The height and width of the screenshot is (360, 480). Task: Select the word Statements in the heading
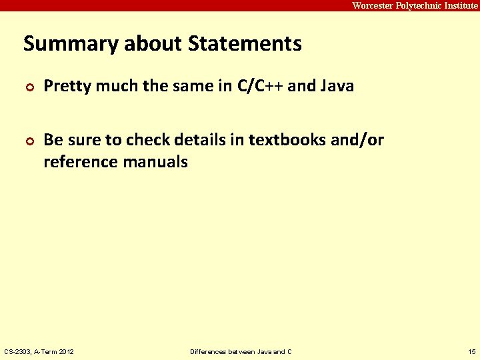coord(245,44)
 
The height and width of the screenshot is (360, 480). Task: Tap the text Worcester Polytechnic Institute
coord(415,5)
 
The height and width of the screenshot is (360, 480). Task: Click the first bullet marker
coord(29,87)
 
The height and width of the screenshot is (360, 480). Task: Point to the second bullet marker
coord(29,141)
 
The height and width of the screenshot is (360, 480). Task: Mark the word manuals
coord(156,161)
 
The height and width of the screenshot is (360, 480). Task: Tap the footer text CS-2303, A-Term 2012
coord(39,351)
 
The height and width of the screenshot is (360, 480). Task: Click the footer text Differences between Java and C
coord(241,351)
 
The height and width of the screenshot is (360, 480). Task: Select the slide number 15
coord(471,351)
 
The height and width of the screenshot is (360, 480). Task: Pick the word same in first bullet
coord(193,86)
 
